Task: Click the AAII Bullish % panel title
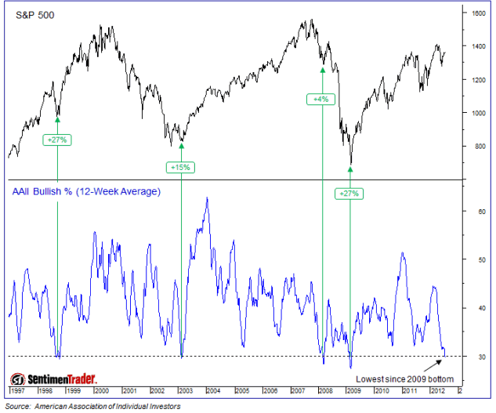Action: coord(85,190)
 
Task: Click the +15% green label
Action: coord(180,167)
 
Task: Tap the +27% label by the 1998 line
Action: coord(58,140)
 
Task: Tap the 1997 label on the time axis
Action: coord(16,389)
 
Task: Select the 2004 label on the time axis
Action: coord(212,389)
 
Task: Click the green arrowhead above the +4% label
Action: coord(322,70)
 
